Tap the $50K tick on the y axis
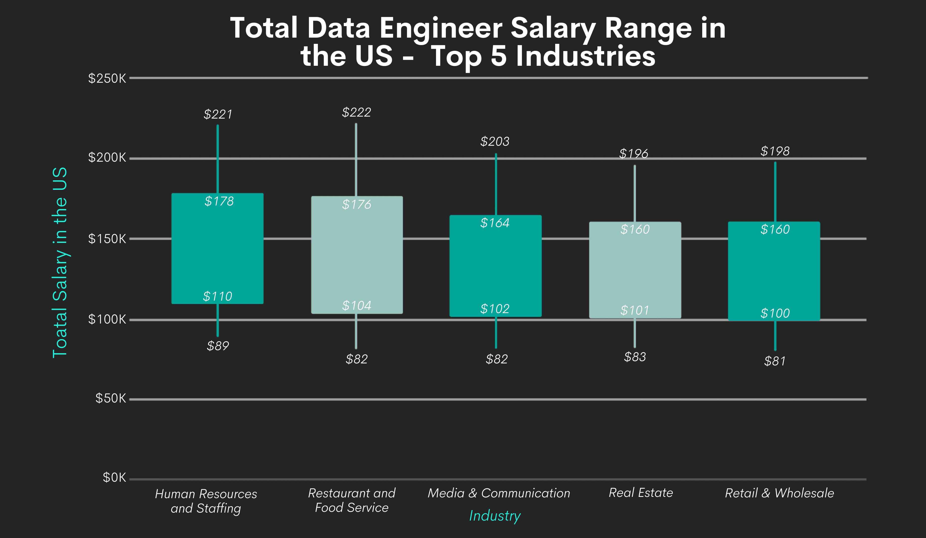pos(110,398)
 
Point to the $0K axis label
pos(114,478)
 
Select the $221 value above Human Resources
pos(218,114)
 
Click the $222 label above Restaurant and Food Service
pos(356,112)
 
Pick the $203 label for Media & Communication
pos(495,141)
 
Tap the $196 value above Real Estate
pos(634,153)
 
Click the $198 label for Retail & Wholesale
pos(775,151)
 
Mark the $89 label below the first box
pos(218,346)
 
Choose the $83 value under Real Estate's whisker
pos(635,357)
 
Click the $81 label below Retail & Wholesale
pos(775,361)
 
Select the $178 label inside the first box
pos(219,201)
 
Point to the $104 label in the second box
pos(356,306)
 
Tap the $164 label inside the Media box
pos(495,223)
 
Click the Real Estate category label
pos(640,493)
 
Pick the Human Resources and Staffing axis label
pos(206,501)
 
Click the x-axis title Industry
pos(495,516)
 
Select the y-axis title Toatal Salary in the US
pos(60,262)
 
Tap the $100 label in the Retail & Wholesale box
pos(775,313)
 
